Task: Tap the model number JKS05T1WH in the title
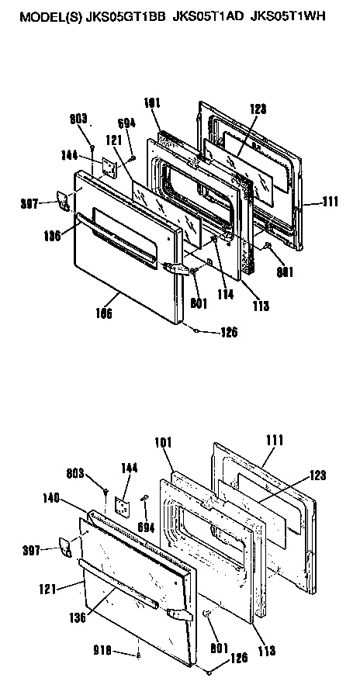286,13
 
